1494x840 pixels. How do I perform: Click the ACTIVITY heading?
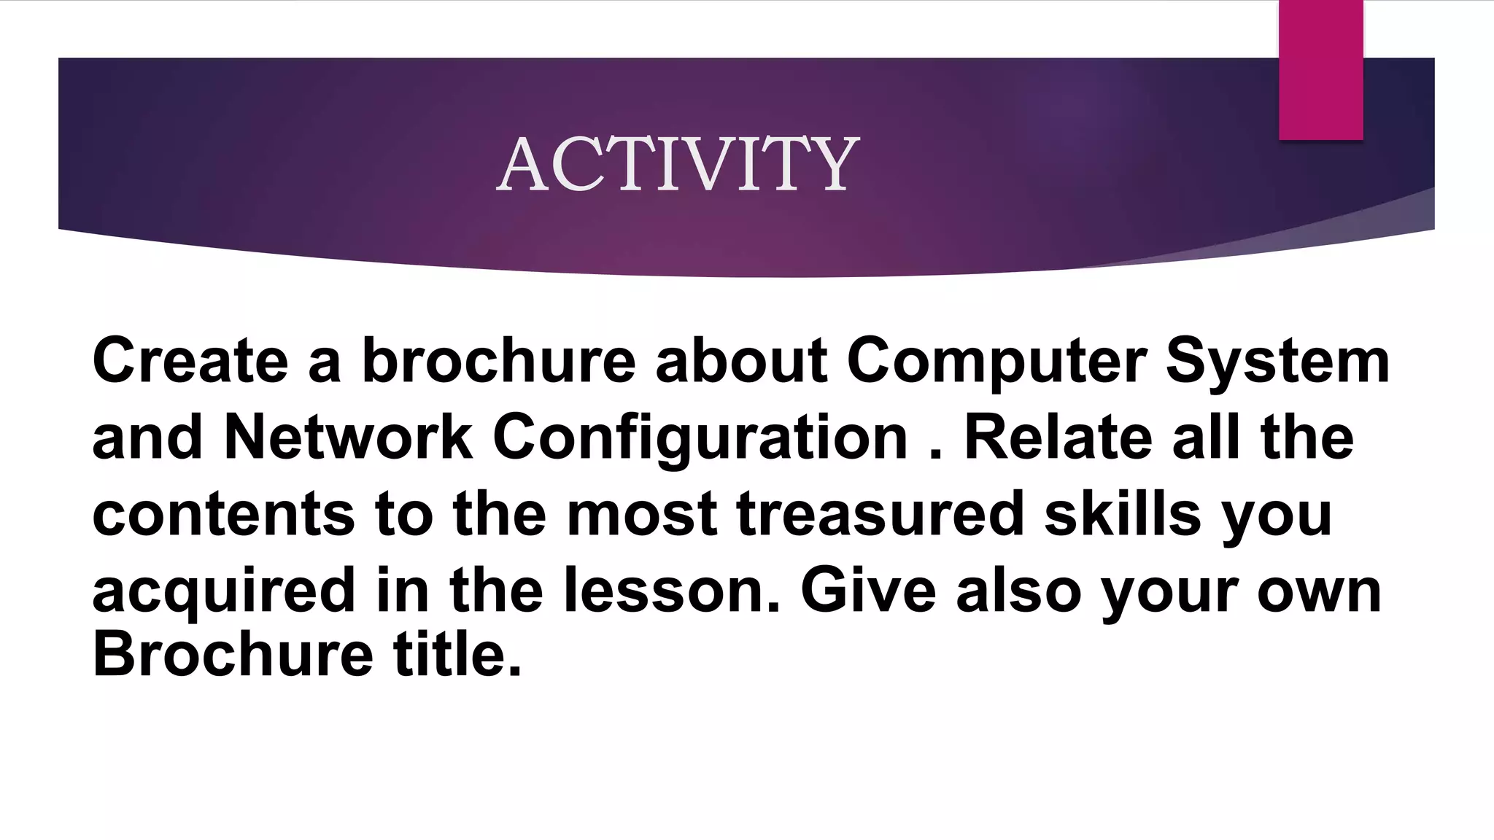click(x=678, y=165)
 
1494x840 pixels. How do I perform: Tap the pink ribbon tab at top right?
click(x=1320, y=70)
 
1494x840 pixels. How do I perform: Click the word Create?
click(x=190, y=360)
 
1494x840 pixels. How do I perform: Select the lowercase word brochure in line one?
click(x=499, y=360)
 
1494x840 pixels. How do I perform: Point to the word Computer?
click(x=996, y=362)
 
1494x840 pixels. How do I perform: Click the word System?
click(x=1277, y=362)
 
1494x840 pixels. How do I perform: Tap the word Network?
click(x=348, y=437)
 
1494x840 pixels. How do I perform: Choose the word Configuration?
click(x=700, y=438)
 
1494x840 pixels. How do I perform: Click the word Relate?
click(x=1058, y=437)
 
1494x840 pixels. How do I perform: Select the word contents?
click(x=224, y=513)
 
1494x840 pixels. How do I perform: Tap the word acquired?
click(x=224, y=591)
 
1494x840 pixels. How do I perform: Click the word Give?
click(x=868, y=590)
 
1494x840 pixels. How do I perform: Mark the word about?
click(x=741, y=360)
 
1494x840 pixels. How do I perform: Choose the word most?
click(x=642, y=513)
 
